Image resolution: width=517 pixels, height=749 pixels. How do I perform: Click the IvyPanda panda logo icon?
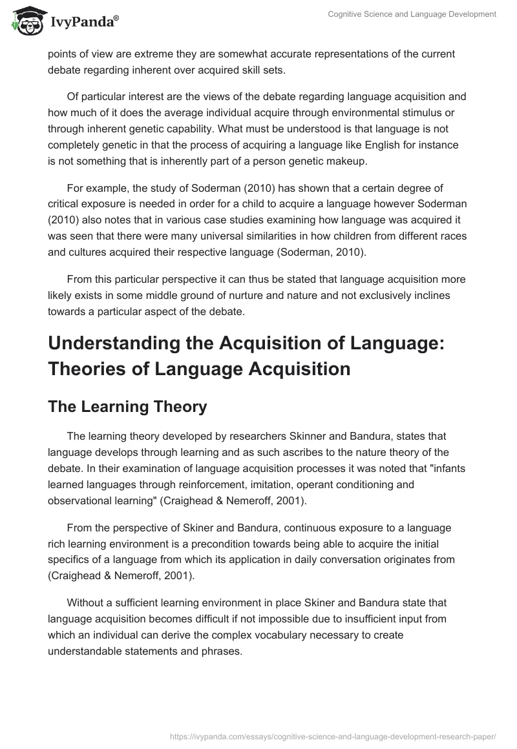(25, 21)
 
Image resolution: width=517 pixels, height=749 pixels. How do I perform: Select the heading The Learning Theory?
(127, 406)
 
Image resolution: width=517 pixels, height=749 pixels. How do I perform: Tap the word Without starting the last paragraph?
(87, 602)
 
